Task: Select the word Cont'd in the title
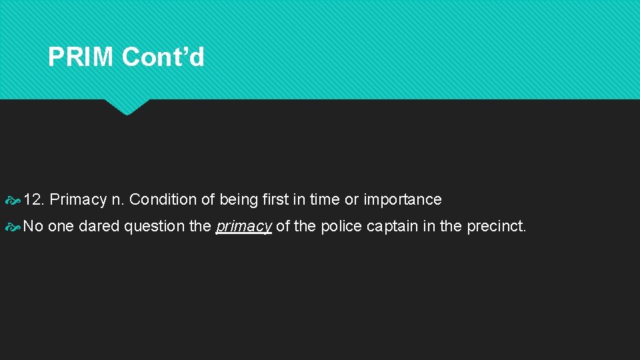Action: pyautogui.click(x=163, y=57)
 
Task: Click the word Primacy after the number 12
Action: pyautogui.click(x=78, y=199)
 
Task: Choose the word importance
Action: pyautogui.click(x=402, y=199)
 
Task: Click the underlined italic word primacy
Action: pyautogui.click(x=243, y=227)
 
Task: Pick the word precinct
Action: pyautogui.click(x=497, y=226)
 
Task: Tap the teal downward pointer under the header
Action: pyautogui.click(x=126, y=107)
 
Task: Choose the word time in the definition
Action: pyautogui.click(x=325, y=199)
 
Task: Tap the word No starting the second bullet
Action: pyautogui.click(x=33, y=226)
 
